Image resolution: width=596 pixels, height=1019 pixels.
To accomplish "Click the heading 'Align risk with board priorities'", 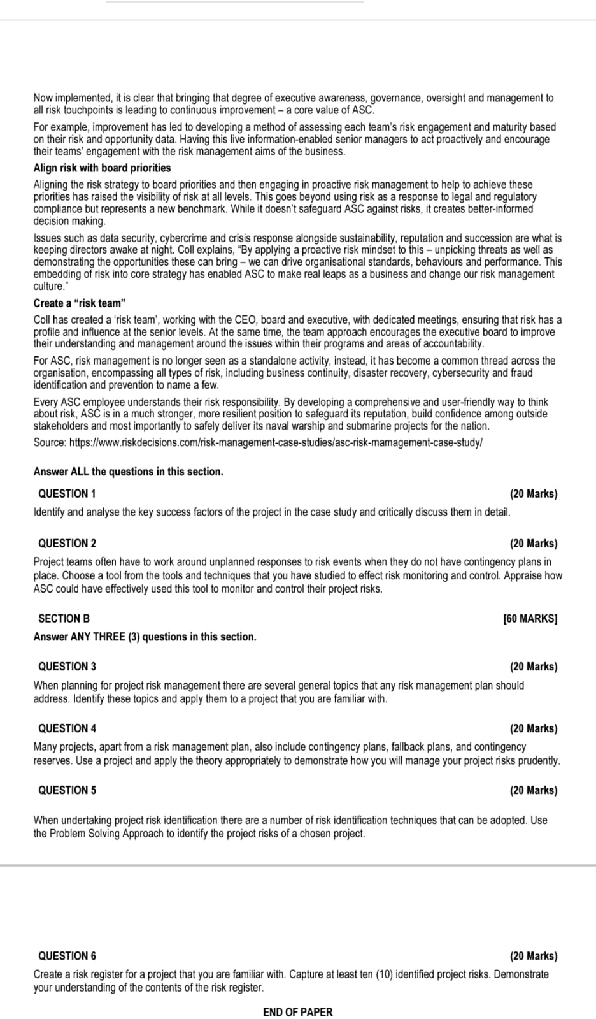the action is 102,168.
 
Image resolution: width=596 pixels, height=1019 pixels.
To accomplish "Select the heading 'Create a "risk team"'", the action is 79,303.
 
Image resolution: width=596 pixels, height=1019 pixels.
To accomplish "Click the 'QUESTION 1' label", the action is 67,494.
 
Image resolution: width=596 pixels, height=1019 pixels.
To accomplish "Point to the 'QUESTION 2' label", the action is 67,544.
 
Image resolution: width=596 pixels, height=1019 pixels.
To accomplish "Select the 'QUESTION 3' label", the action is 67,667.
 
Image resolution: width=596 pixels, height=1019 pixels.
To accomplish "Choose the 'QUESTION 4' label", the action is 67,728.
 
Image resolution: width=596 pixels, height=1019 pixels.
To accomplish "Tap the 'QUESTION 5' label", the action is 67,790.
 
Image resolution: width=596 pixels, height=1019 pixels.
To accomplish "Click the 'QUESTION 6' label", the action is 67,956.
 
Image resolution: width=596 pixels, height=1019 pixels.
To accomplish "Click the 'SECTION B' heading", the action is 64,618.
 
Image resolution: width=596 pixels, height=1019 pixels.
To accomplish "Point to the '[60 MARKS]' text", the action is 530,618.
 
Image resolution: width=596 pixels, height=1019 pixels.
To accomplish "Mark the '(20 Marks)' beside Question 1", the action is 533,494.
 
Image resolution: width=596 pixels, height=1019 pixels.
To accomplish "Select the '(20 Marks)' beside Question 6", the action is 533,956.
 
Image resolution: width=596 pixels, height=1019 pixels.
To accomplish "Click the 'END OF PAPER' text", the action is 297,1012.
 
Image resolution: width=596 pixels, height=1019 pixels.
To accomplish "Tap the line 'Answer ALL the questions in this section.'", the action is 128,472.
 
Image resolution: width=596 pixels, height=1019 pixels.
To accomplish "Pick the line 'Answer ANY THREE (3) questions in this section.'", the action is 145,637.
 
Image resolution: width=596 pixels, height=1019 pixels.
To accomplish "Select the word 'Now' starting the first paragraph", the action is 43,98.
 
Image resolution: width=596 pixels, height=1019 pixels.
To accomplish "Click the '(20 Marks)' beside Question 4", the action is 533,728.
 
